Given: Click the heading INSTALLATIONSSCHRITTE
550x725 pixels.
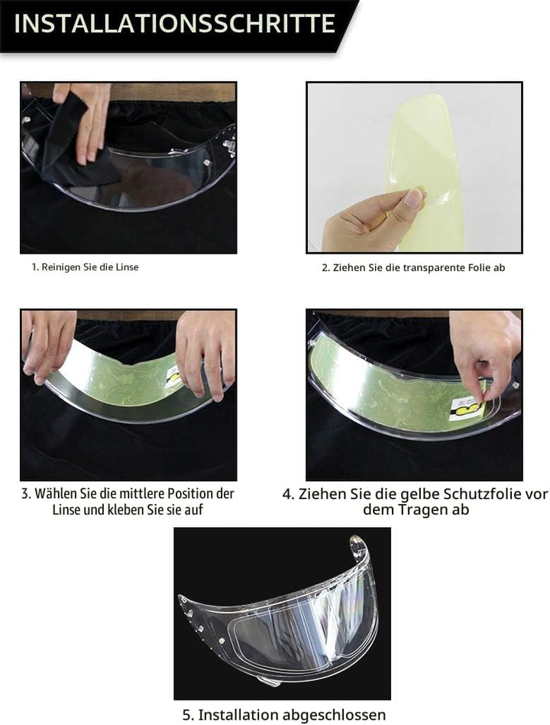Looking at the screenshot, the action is [x=175, y=24].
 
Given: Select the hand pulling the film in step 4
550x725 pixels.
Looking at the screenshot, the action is [x=483, y=352].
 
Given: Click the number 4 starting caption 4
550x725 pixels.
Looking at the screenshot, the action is [x=288, y=494].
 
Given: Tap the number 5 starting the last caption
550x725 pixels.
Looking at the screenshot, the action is [x=188, y=715].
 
